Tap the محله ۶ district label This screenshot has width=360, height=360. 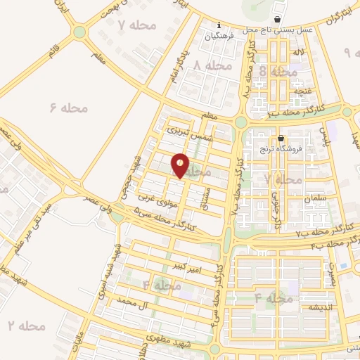pos(68,108)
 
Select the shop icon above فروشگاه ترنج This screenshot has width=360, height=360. pos(281,139)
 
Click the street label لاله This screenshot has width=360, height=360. pos(299,52)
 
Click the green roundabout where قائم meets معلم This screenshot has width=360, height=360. pos(79,32)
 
